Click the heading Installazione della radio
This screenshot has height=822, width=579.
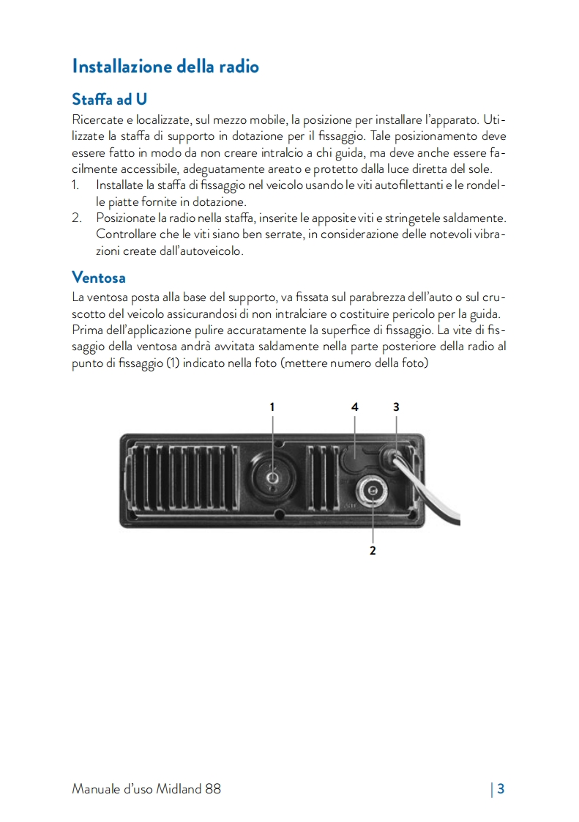tap(165, 66)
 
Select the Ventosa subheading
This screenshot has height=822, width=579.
tap(99, 278)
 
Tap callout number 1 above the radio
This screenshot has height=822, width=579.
tap(272, 406)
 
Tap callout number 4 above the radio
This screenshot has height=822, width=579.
tap(355, 406)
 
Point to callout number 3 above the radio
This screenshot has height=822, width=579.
tap(396, 406)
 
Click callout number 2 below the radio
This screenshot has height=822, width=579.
tap(373, 550)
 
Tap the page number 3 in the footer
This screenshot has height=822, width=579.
tap(501, 789)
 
